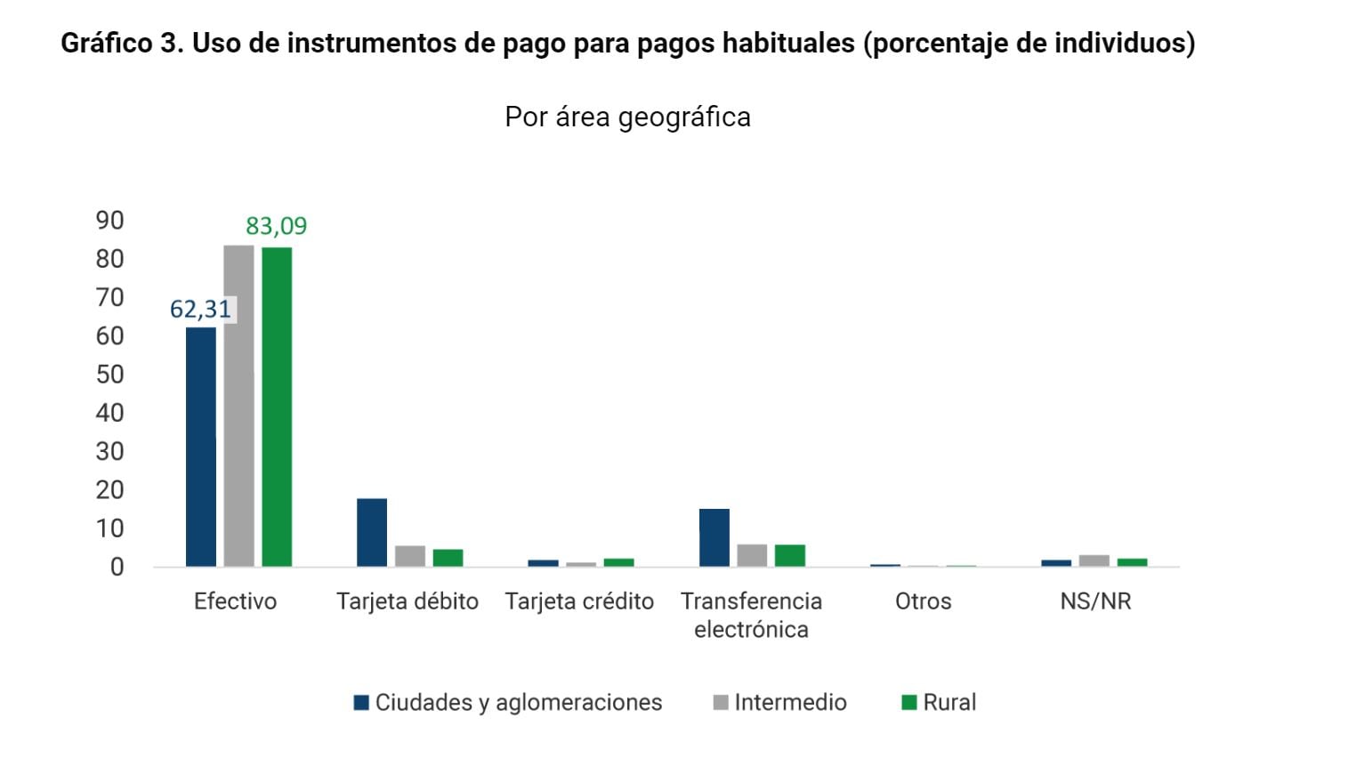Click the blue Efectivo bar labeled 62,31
tap(200, 447)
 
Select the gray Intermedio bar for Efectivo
tap(238, 406)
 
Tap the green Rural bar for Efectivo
tap(277, 407)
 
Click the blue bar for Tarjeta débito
tap(372, 532)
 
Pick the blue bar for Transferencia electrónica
tap(714, 537)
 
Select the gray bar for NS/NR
tap(1094, 560)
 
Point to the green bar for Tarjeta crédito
tap(618, 562)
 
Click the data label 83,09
tap(276, 226)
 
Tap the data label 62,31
tap(200, 310)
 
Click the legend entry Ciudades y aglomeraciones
tap(508, 703)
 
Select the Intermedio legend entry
tap(780, 703)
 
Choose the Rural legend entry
tap(940, 703)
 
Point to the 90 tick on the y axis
tap(109, 221)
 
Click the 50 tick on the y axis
tap(109, 375)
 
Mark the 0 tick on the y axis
tap(117, 568)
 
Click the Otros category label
tap(923, 601)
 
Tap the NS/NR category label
tap(1095, 601)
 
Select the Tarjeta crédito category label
tap(579, 601)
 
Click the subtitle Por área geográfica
tap(627, 117)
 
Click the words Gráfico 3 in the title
tap(122, 43)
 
